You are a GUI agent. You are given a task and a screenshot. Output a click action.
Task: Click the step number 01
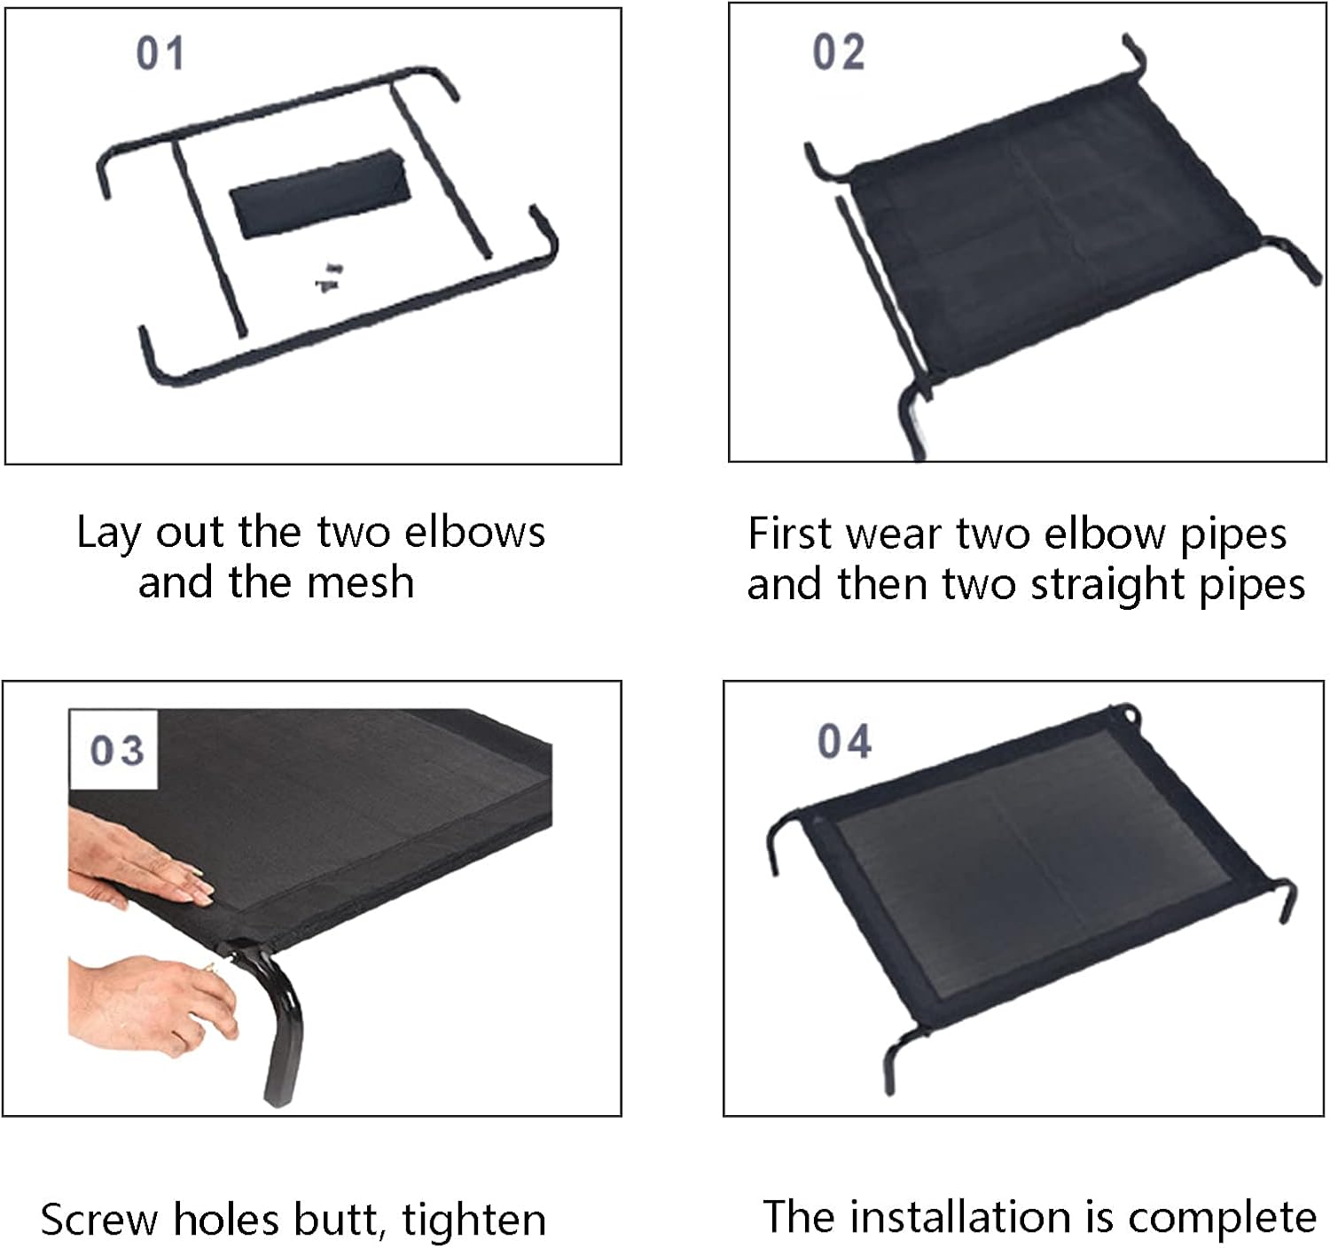click(x=160, y=53)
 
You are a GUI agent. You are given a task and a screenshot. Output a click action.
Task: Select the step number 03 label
click(x=116, y=750)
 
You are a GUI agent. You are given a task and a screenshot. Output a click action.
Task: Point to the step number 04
click(x=844, y=741)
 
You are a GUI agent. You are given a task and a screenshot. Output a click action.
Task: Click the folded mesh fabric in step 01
click(x=320, y=194)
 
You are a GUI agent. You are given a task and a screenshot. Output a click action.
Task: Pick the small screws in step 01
click(x=329, y=277)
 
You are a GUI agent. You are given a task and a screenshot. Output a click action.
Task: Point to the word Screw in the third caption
click(x=99, y=1220)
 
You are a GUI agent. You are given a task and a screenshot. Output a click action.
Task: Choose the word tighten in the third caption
click(x=474, y=1220)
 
